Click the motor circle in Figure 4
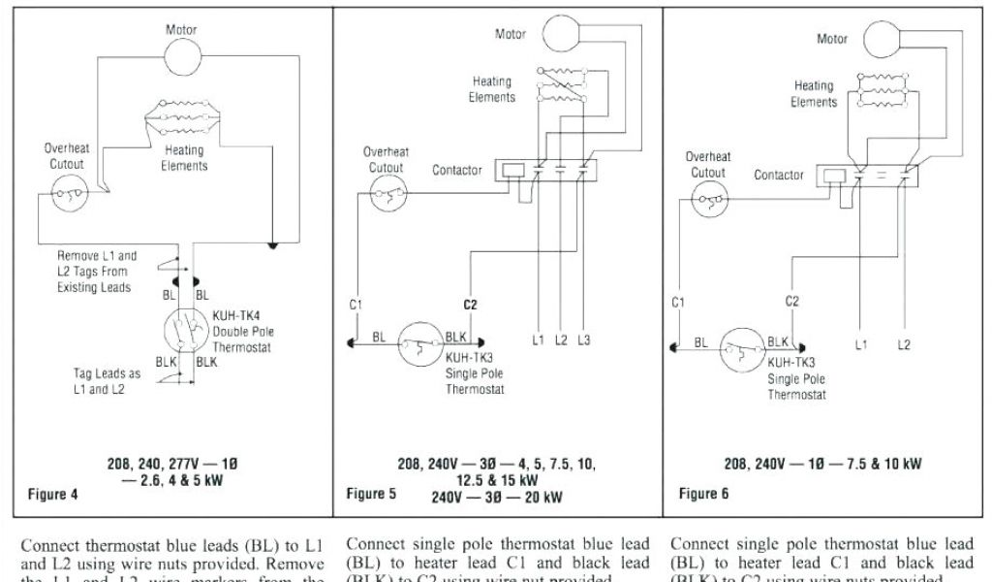pos(179,60)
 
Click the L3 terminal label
pos(583,339)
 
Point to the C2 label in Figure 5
pos(470,305)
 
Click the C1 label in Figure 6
pos(678,303)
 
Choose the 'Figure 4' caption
pos(53,494)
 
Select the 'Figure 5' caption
pos(371,494)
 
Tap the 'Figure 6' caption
pos(704,494)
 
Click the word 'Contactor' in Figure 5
pos(457,170)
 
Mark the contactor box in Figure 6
pos(864,175)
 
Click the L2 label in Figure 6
pos(904,343)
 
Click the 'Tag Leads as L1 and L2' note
pos(107,381)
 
